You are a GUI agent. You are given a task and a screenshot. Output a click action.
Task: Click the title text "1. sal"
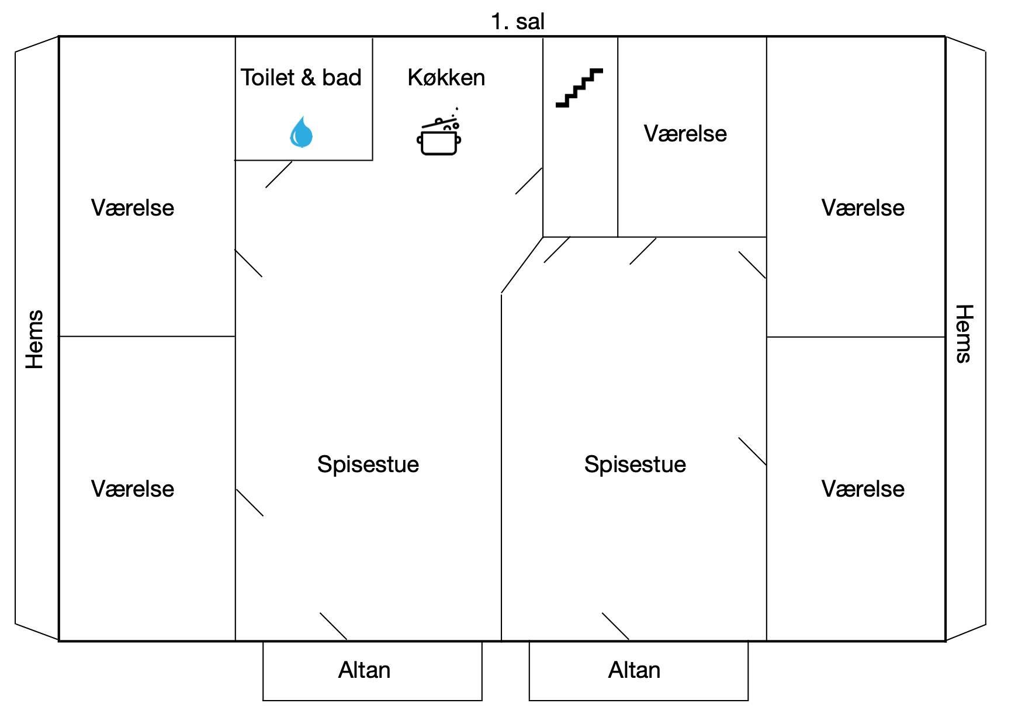(518, 22)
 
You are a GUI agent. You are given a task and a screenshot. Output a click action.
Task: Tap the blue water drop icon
(302, 132)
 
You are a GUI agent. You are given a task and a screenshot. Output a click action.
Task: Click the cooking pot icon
(439, 133)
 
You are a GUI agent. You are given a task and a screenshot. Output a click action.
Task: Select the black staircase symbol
(579, 88)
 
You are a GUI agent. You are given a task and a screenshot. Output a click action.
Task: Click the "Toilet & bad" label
(301, 78)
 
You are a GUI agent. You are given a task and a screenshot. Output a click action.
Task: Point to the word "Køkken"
(446, 78)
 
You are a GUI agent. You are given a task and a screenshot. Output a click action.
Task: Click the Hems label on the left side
(34, 340)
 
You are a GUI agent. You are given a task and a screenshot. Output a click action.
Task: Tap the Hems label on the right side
(964, 334)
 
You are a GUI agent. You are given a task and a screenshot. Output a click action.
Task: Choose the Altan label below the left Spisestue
(364, 670)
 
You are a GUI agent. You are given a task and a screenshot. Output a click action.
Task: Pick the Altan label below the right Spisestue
(634, 670)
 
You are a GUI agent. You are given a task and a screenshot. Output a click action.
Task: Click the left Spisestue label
(368, 465)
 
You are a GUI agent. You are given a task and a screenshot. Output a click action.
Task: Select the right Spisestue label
(635, 465)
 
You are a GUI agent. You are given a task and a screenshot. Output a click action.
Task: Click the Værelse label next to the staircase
(685, 134)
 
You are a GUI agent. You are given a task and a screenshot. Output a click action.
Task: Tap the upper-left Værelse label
(133, 208)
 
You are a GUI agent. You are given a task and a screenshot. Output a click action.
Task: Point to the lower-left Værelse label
(133, 489)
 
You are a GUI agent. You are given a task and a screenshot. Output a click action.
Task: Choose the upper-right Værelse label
(863, 208)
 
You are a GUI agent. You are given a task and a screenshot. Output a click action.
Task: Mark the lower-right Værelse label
(863, 489)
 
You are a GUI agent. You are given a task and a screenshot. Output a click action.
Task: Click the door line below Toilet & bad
(279, 175)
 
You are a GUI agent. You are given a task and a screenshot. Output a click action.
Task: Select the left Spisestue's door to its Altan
(334, 626)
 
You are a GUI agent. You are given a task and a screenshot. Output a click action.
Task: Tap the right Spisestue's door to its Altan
(616, 626)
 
